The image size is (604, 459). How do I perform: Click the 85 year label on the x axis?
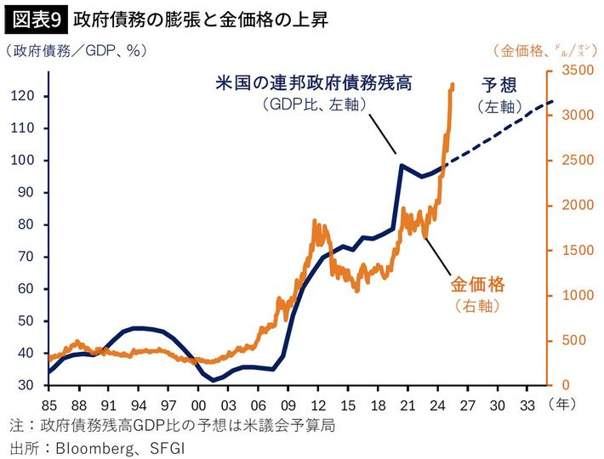point(48,401)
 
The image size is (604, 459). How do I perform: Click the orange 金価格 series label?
point(477,283)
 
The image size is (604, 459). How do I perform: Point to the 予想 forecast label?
point(500,84)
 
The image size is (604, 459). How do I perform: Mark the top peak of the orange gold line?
point(452,83)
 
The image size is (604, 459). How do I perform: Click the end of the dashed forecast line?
point(552,102)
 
